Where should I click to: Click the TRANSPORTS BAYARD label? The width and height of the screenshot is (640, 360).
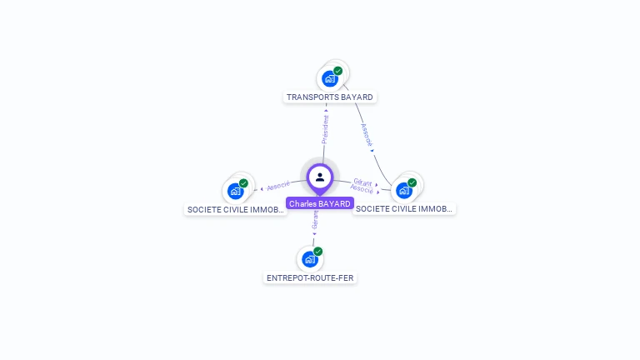[x=330, y=97]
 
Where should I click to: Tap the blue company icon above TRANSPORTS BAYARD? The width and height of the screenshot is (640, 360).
[x=331, y=79]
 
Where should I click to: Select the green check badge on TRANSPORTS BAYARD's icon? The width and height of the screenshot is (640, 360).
[x=338, y=71]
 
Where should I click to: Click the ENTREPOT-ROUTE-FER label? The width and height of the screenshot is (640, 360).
[x=310, y=277]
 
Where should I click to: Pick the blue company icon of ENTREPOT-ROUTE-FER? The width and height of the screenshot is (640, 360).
[x=310, y=259]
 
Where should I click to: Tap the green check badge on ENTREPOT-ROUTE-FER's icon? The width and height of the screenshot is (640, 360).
[x=317, y=251]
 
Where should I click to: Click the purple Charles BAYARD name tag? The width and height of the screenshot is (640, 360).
[x=320, y=203]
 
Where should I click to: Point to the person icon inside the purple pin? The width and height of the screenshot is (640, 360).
[x=320, y=177]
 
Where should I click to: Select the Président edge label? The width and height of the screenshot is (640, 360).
[x=325, y=130]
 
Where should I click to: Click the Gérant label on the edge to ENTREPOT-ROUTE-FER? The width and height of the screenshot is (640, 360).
[x=315, y=220]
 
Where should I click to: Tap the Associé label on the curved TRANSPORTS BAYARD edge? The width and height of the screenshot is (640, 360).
[x=367, y=135]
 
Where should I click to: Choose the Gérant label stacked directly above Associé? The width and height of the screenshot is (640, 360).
[x=362, y=182]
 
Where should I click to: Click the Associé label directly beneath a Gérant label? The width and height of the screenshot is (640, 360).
[x=362, y=190]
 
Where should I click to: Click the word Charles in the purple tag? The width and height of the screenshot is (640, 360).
[x=303, y=203]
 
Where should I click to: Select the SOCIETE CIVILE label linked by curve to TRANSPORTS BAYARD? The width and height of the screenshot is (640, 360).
[x=404, y=208]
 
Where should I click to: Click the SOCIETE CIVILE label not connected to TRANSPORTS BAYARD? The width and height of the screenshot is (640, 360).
[x=236, y=209]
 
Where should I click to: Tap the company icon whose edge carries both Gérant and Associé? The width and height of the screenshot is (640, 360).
[x=405, y=190]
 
